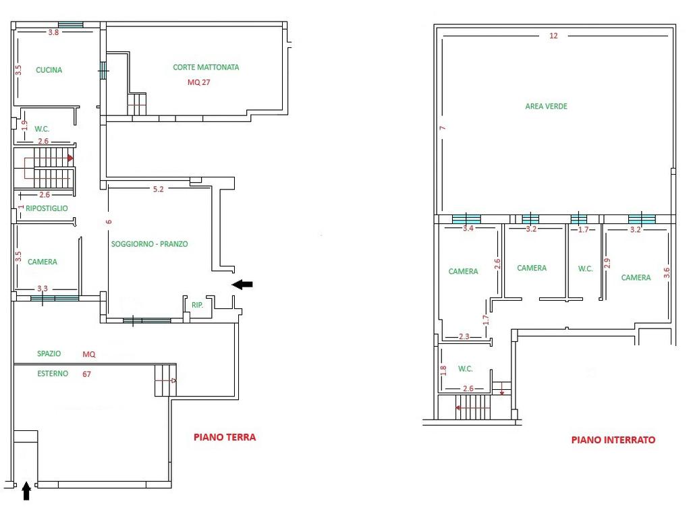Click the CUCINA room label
coord(49,70)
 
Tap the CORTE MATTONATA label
coord(206,67)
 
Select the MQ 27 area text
coord(199,82)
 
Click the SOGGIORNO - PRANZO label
coord(149,244)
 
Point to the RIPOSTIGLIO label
coord(47,208)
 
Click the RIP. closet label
coord(198,305)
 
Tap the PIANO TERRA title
coord(225,437)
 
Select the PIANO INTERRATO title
coord(613,440)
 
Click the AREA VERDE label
coord(546,106)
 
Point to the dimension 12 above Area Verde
coord(553,36)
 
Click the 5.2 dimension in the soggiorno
coord(158,189)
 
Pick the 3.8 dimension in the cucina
coord(53,32)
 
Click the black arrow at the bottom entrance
coord(26,491)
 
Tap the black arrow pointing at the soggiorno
coord(242,285)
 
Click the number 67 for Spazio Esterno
coord(86,374)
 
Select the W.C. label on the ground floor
coord(42,129)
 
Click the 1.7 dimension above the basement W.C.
coord(583,229)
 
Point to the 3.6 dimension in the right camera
coord(666,272)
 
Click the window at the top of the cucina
coord(70,25)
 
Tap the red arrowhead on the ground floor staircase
coord(70,158)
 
